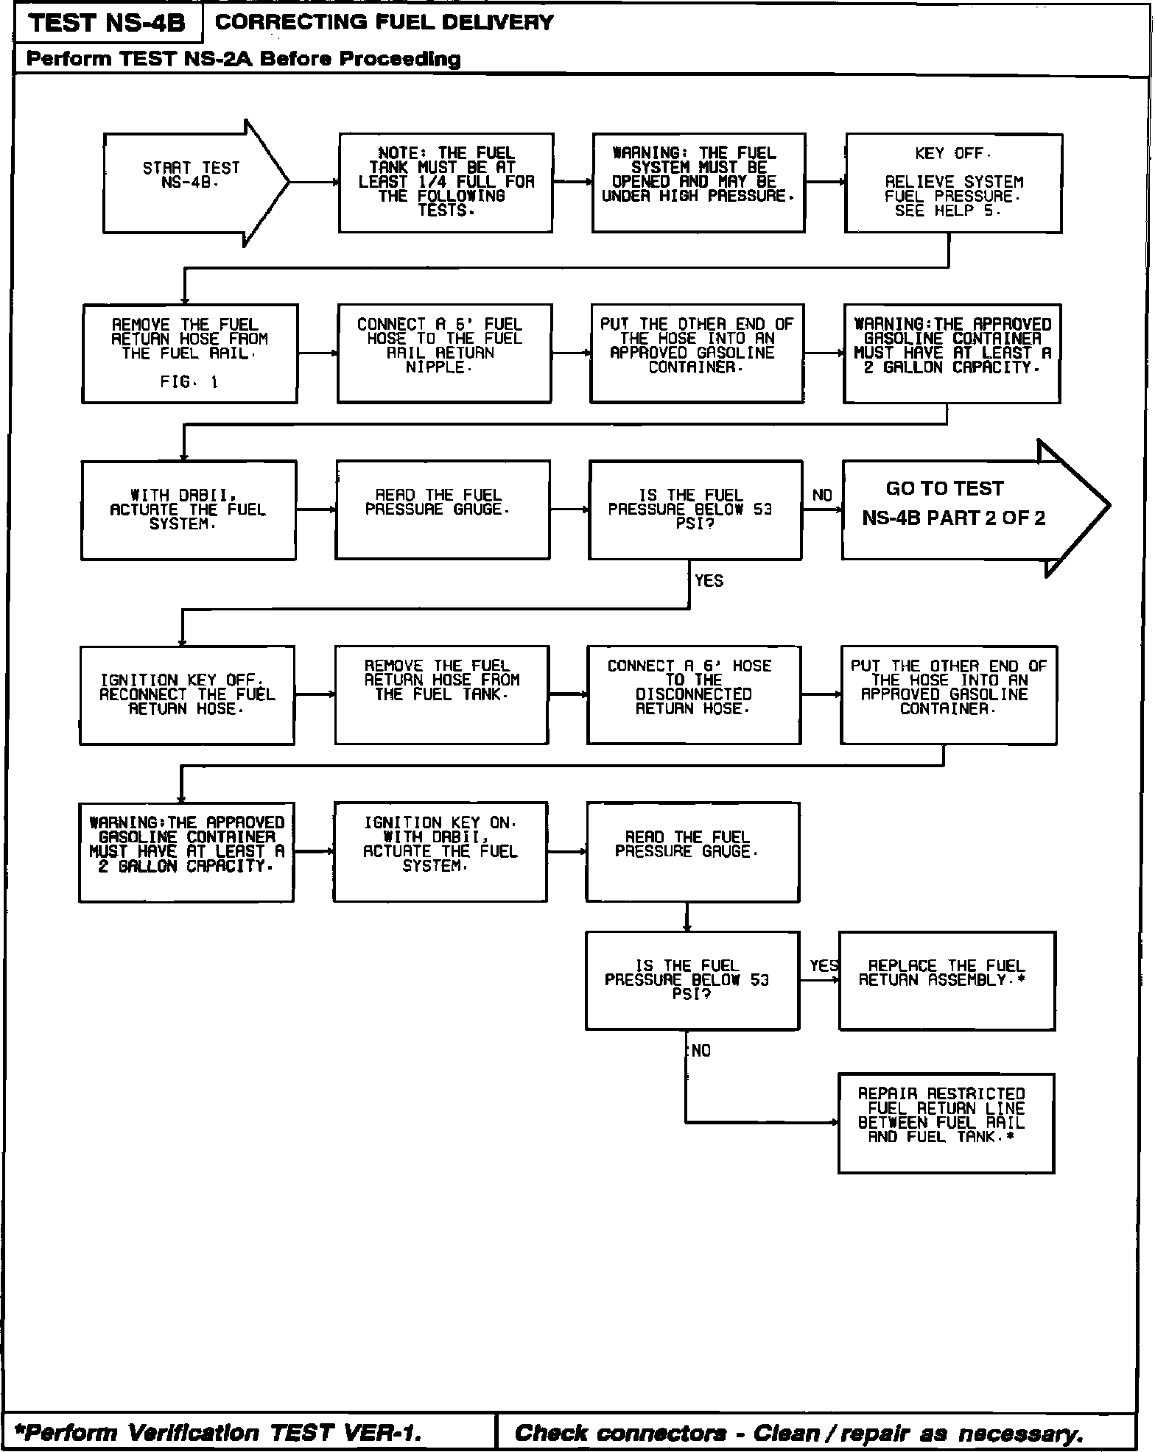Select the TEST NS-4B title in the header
[x=108, y=24]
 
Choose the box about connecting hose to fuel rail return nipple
[x=444, y=353]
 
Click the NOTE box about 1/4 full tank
[x=446, y=183]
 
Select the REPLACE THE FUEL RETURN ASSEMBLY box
[x=947, y=980]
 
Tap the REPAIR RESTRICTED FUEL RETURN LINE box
[x=946, y=1123]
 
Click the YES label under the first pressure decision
[x=709, y=581]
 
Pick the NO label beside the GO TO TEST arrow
[x=822, y=496]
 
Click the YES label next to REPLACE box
[x=824, y=965]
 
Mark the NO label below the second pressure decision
[x=701, y=1051]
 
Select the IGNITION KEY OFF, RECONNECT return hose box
[x=187, y=695]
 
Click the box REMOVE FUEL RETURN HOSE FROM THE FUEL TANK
[x=441, y=695]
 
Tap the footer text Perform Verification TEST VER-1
[x=219, y=1432]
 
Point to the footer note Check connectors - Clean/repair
[x=798, y=1432]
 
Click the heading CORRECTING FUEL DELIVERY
[x=384, y=23]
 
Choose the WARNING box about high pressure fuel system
[x=698, y=183]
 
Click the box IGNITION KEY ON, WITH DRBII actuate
[x=440, y=852]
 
